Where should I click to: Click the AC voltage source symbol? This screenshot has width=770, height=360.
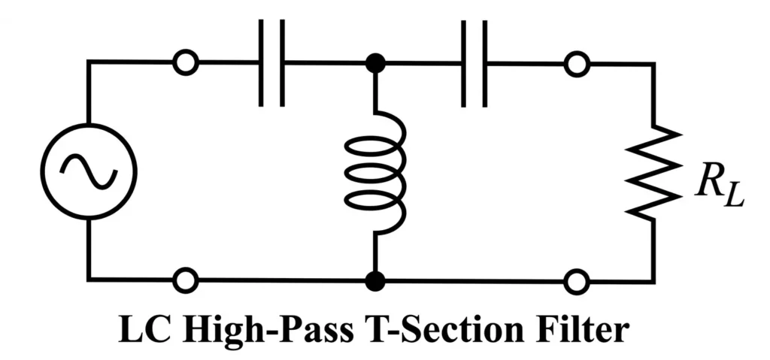pyautogui.click(x=89, y=171)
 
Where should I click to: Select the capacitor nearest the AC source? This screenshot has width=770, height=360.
pyautogui.click(x=271, y=63)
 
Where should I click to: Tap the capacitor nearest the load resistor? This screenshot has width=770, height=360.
pyautogui.click(x=474, y=63)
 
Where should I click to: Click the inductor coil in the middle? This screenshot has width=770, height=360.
pyautogui.click(x=375, y=171)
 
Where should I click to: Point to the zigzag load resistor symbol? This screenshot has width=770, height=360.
pyautogui.click(x=653, y=172)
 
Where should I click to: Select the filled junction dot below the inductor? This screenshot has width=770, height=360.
pyautogui.click(x=374, y=281)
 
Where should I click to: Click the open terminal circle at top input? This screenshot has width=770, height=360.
pyautogui.click(x=185, y=64)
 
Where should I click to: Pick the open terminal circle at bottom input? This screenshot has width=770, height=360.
pyautogui.click(x=185, y=281)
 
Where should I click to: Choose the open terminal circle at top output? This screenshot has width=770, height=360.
pyautogui.click(x=577, y=64)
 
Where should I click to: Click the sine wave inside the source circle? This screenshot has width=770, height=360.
pyautogui.click(x=89, y=171)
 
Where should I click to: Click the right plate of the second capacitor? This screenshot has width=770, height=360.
pyautogui.click(x=485, y=63)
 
